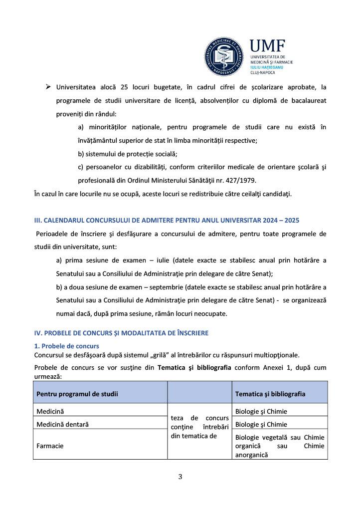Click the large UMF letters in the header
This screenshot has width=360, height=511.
267,46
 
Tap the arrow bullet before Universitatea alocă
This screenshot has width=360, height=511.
48,87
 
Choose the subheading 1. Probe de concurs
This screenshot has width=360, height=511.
66,346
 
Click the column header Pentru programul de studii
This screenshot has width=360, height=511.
77,394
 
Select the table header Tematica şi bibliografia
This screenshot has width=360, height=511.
270,394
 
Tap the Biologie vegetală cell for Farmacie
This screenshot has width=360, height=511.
279,446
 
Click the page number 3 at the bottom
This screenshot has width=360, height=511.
180,477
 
